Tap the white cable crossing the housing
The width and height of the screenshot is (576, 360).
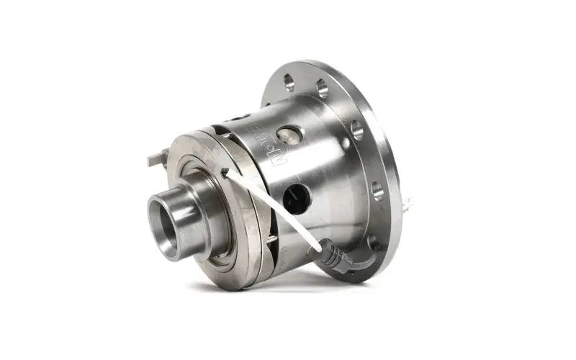(274, 209)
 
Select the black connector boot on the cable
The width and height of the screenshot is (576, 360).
(334, 256)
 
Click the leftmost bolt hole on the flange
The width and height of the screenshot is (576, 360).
(289, 81)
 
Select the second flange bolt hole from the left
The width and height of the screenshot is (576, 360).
(322, 89)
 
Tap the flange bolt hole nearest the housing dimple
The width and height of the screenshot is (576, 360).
(357, 130)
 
